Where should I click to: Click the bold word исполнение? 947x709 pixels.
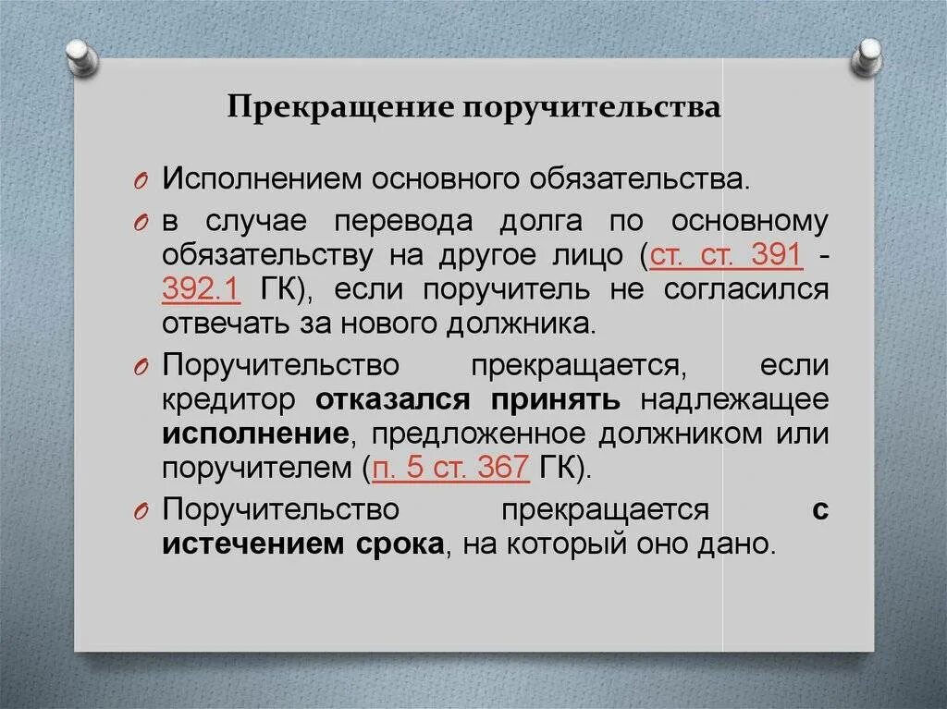pos(255,434)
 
